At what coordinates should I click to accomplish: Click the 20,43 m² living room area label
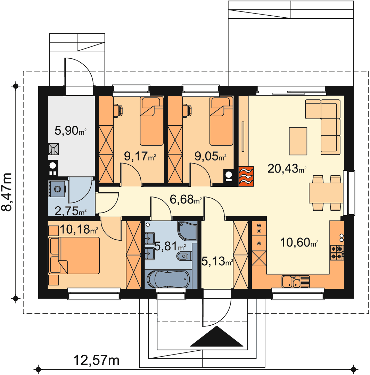pos(287,169)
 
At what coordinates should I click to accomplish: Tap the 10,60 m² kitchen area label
pos(299,242)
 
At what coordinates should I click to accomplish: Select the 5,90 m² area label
pos(71,131)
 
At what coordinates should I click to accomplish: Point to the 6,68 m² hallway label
pos(186,199)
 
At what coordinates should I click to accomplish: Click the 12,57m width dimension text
pos(96,360)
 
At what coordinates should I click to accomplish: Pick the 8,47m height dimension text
pos(7,192)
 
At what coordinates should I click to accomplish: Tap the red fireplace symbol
pos(246,176)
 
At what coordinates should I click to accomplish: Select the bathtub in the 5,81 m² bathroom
pos(168,279)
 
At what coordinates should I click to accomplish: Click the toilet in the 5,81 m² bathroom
pos(184,256)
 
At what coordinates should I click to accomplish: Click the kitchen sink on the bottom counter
pos(296,282)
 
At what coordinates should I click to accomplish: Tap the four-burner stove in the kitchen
pos(337,252)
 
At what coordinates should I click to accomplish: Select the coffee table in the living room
pos(298,141)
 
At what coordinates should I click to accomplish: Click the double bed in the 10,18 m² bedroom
pos(74,256)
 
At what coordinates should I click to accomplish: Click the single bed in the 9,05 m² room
pos(221,121)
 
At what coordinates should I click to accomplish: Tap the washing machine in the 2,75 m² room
pos(57,189)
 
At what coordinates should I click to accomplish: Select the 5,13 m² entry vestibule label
pos(217,261)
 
